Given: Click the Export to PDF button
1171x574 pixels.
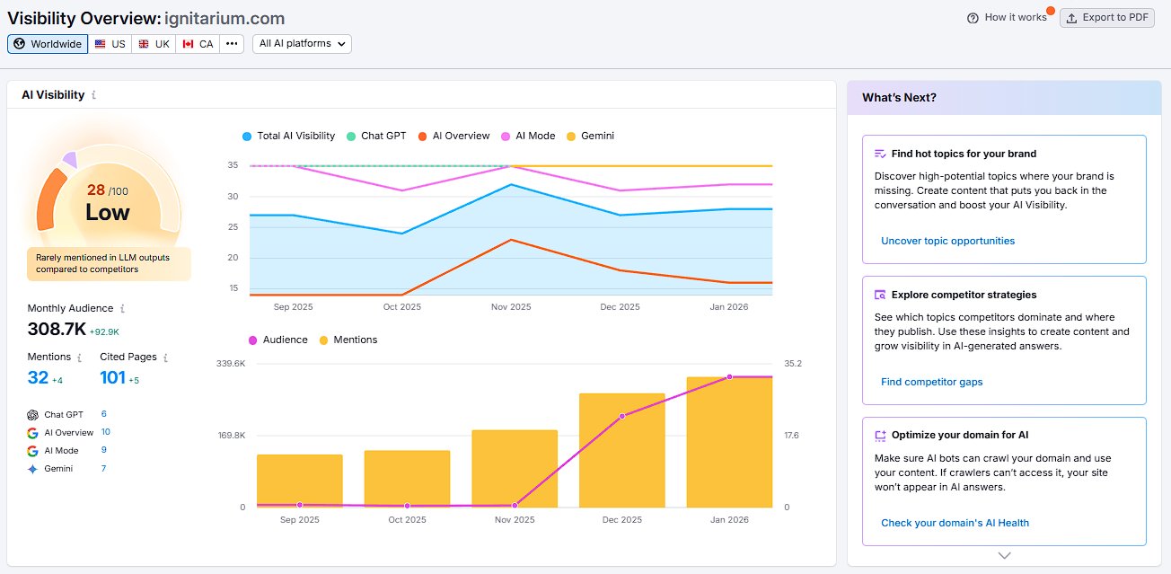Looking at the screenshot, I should click(1106, 17).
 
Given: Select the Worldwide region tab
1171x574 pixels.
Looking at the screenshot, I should click(48, 44).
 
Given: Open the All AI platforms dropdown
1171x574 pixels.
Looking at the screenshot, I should click(302, 44).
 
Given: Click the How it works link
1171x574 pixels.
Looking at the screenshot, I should click(1007, 17).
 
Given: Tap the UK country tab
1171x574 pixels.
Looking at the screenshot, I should click(154, 44).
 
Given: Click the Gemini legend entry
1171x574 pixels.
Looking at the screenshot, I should click(590, 137).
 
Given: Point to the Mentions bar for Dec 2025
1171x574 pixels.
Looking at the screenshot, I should click(621, 449).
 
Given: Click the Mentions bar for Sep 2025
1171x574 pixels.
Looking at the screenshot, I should click(299, 481).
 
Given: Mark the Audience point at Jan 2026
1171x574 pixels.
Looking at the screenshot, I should click(729, 377).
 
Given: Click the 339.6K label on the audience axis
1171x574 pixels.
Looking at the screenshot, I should click(231, 364).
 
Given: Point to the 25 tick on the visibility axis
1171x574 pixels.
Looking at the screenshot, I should click(233, 227).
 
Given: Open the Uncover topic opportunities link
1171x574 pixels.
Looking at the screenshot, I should click(947, 241).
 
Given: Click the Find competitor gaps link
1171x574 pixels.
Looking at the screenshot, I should click(931, 382).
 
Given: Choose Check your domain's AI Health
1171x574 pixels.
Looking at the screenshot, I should click(955, 523).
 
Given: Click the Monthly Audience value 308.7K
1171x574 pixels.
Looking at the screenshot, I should click(56, 330).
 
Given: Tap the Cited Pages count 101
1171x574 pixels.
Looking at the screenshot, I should click(112, 378).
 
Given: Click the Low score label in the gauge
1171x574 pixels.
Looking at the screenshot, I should click(108, 213).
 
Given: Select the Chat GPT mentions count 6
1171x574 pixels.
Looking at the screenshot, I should click(104, 414).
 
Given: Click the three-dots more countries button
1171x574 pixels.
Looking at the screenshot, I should click(232, 44).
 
